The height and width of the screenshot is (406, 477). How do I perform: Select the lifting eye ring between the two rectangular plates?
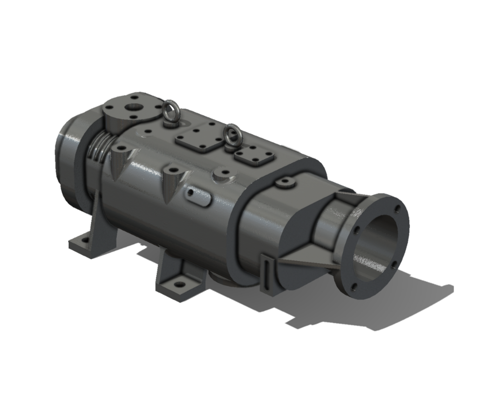(x=230, y=135)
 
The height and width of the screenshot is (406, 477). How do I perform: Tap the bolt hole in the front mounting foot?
(x=177, y=284)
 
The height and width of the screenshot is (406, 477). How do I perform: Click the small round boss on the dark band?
(x=285, y=183)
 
